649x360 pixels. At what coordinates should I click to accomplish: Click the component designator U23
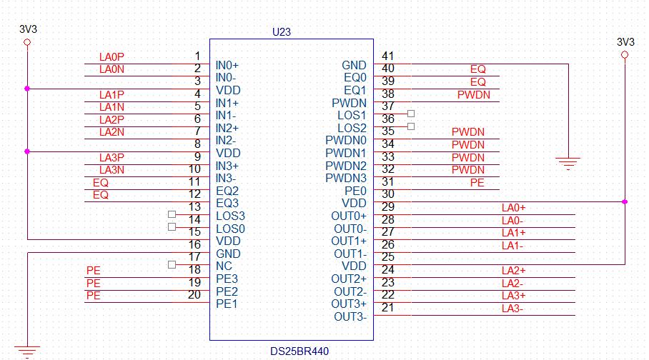click(282, 32)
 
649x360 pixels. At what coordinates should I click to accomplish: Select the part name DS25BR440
click(299, 351)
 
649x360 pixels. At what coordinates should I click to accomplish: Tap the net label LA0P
click(112, 57)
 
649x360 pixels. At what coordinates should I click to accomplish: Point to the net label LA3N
click(112, 170)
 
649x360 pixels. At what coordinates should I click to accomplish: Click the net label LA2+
click(513, 271)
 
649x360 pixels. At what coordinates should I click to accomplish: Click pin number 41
click(388, 56)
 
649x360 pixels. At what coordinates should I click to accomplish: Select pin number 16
click(194, 244)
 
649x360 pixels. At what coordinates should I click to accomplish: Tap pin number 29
click(388, 207)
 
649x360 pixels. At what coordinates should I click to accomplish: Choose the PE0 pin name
click(355, 191)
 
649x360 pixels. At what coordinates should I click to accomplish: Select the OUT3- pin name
click(350, 316)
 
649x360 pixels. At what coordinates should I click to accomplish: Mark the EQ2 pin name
click(227, 191)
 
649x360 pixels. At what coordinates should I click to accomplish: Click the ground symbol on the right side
click(568, 163)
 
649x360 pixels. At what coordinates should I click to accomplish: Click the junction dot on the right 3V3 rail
click(625, 202)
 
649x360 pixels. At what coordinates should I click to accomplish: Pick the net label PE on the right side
click(477, 183)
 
